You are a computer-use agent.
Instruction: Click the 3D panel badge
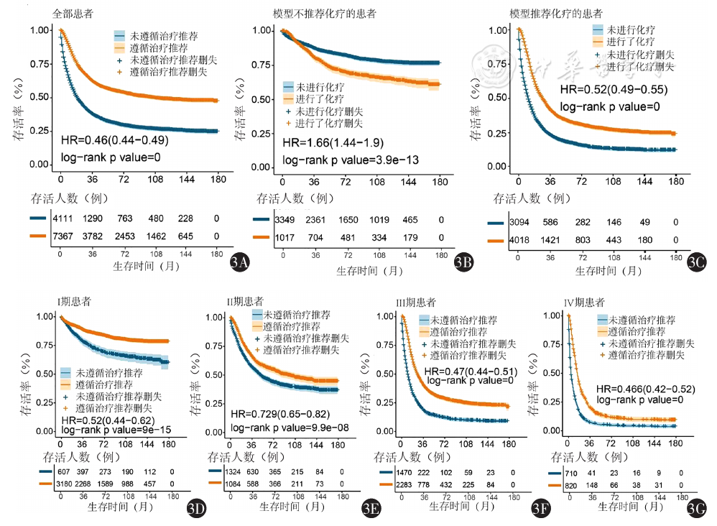196,509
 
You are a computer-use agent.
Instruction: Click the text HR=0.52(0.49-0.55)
614,90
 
